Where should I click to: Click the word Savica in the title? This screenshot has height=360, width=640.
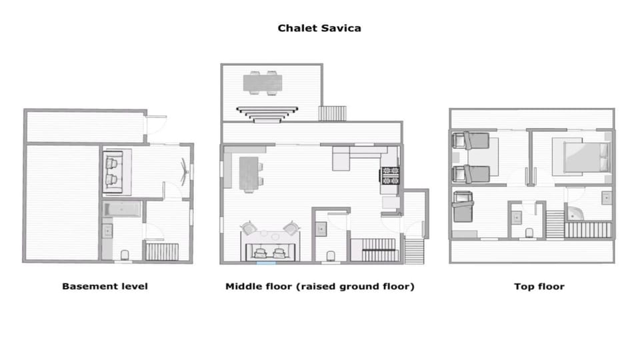pyautogui.click(x=341, y=29)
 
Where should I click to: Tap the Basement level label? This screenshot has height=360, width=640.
pyautogui.click(x=105, y=287)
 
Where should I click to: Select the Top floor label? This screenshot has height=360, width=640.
pyautogui.click(x=539, y=287)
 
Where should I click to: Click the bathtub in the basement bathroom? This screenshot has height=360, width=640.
pyautogui.click(x=122, y=209)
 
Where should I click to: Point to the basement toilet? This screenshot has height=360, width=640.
pyautogui.click(x=125, y=254)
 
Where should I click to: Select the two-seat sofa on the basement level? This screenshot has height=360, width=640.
pyautogui.click(x=114, y=169)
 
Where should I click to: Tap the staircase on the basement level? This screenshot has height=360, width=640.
pyautogui.click(x=162, y=252)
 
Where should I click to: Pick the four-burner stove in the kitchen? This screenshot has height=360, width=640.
pyautogui.click(x=389, y=175)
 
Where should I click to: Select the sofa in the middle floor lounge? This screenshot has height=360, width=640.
pyautogui.click(x=271, y=252)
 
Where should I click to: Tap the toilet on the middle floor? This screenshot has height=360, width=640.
pyautogui.click(x=331, y=255)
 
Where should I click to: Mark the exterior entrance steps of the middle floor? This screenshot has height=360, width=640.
pyautogui.click(x=414, y=251)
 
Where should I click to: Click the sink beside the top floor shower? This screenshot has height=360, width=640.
pyautogui.click(x=606, y=197)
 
